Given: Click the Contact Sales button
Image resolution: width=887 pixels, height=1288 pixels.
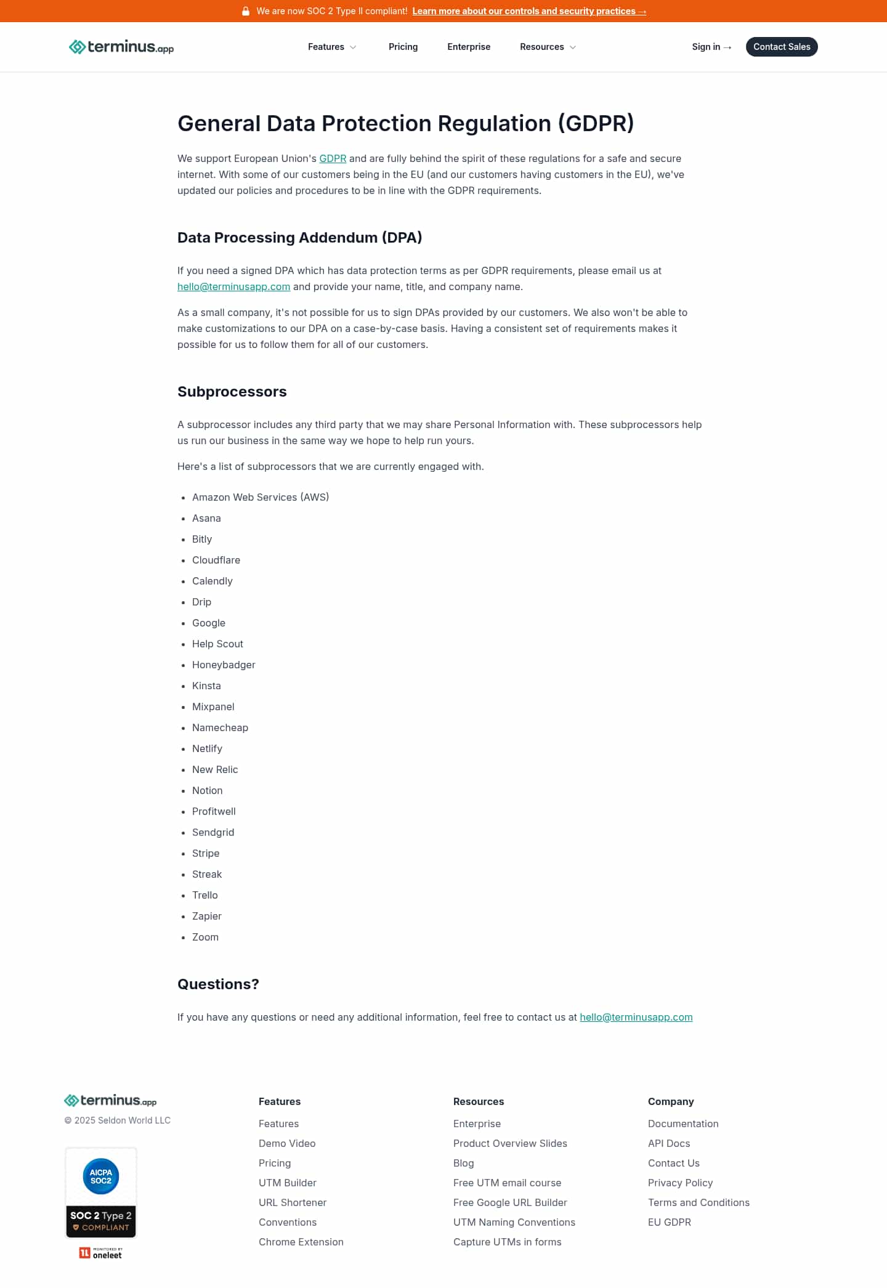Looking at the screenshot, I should click(x=781, y=47).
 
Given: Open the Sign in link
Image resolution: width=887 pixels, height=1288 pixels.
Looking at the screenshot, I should click(x=711, y=47).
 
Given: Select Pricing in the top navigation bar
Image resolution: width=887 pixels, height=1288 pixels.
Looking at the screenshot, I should click(x=403, y=47).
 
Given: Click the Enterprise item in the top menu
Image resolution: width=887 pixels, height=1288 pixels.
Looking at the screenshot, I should click(x=469, y=47).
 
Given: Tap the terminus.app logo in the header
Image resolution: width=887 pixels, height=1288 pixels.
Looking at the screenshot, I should click(x=121, y=47).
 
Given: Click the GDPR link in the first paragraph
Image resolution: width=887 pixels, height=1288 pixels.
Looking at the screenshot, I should click(x=333, y=158).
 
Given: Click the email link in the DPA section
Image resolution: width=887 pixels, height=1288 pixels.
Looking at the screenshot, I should click(x=233, y=286).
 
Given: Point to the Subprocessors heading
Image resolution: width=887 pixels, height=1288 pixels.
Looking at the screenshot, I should click(x=232, y=392).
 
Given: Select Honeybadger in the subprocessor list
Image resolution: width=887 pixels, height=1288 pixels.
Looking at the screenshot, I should click(x=224, y=665).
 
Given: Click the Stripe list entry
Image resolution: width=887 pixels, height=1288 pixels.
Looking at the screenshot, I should click(x=206, y=853).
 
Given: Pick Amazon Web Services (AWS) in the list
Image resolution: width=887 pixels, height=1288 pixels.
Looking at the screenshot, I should click(x=261, y=497).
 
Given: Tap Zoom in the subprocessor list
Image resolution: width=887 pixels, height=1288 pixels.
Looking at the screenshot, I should click(x=205, y=937).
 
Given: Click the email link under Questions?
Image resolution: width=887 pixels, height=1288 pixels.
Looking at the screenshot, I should click(x=636, y=1017).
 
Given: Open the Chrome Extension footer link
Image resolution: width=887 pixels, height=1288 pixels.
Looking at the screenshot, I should click(x=301, y=1242).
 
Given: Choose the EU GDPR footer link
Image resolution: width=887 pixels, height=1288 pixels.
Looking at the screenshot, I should click(x=669, y=1222).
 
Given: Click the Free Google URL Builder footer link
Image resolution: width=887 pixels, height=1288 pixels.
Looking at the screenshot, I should click(x=510, y=1202).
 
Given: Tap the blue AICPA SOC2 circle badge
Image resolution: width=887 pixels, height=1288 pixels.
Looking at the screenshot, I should click(x=101, y=1177).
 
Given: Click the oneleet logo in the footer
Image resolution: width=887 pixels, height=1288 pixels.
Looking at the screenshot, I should click(x=101, y=1253).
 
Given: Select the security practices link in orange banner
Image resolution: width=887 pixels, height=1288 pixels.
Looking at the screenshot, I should click(x=529, y=11).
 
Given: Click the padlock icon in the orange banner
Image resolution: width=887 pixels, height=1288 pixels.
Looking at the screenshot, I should click(x=246, y=11).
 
